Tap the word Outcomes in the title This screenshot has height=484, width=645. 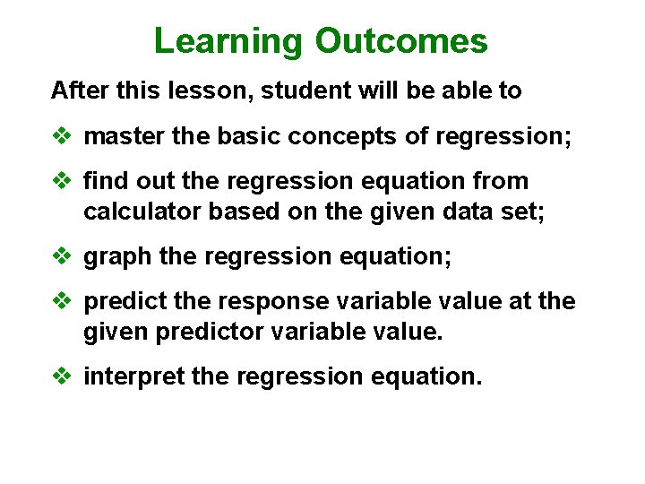(400, 41)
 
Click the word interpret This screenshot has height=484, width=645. (133, 377)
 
